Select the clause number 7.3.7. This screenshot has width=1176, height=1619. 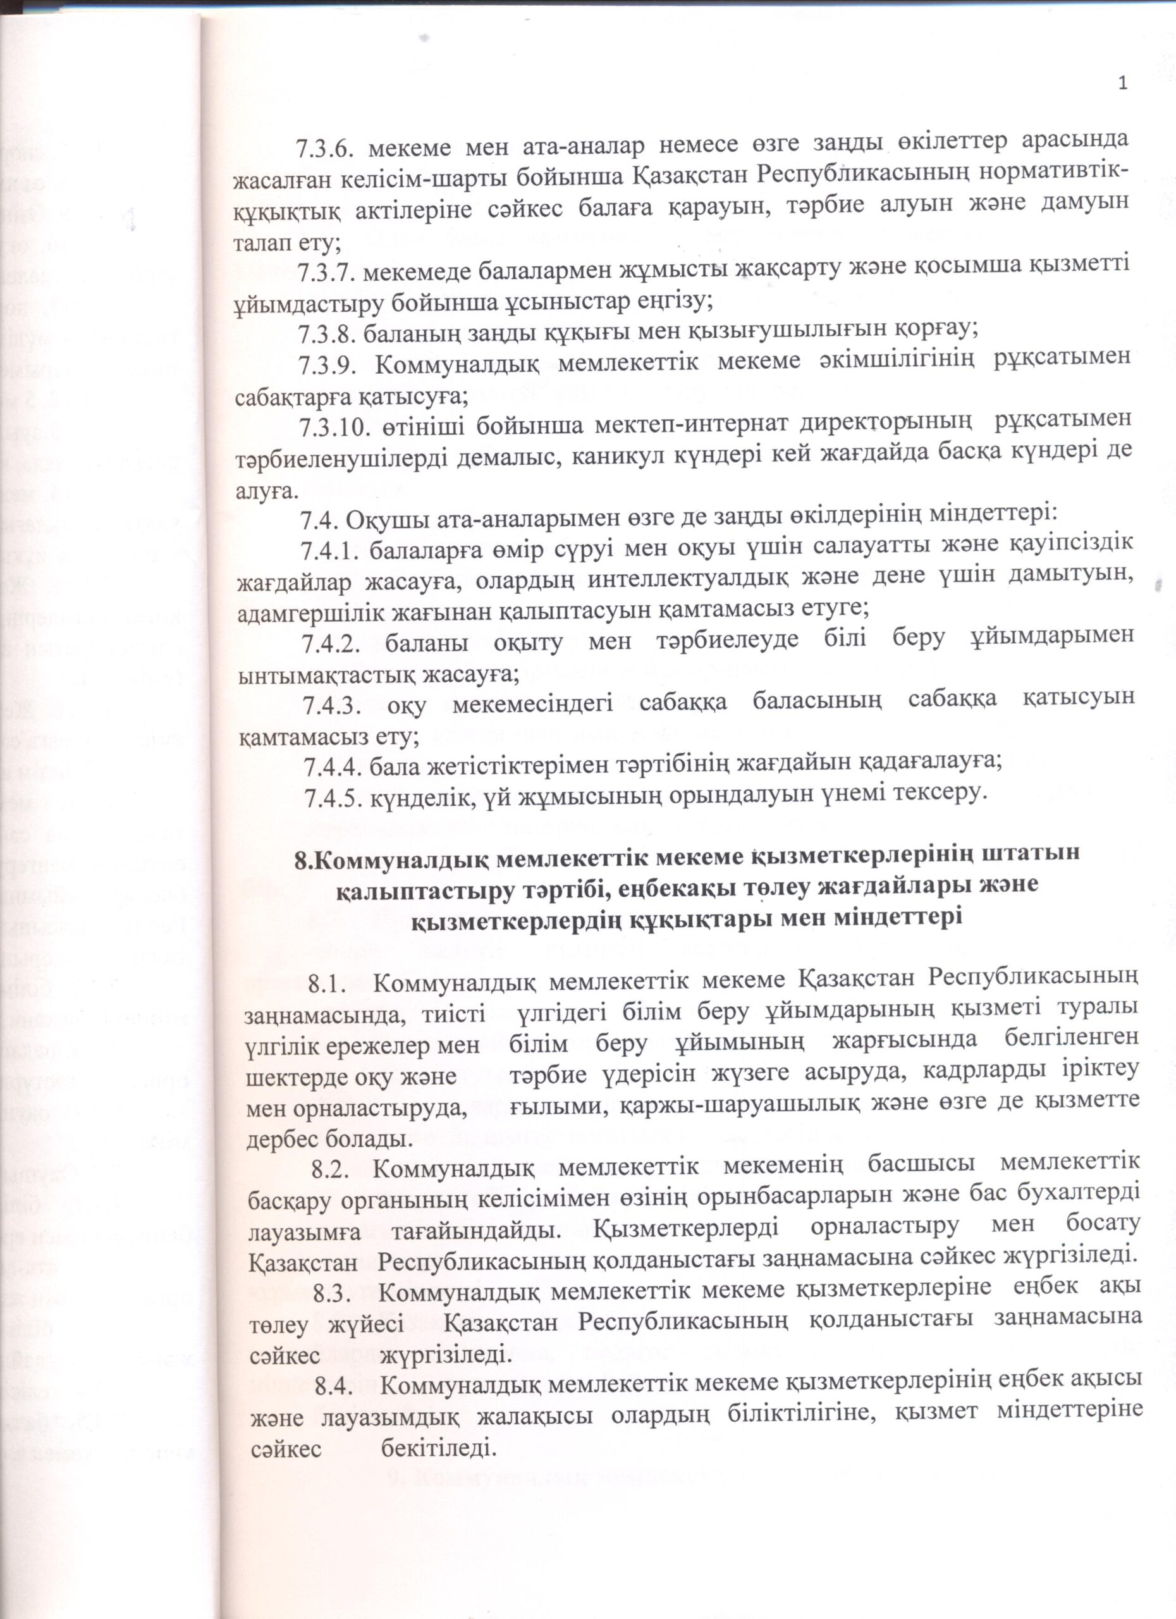pos(329,272)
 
